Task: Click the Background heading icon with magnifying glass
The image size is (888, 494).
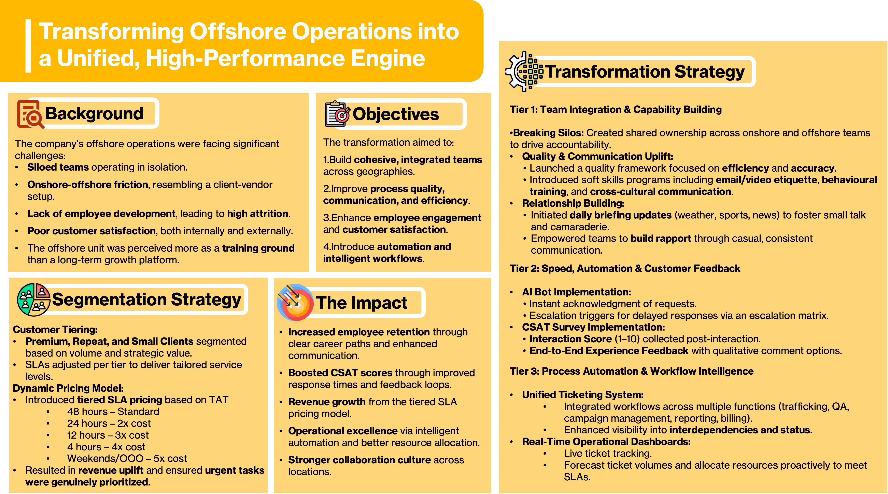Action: (31, 114)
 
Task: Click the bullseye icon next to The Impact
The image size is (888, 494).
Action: (295, 302)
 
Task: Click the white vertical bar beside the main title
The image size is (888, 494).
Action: (28, 46)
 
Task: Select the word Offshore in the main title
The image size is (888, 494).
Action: (238, 31)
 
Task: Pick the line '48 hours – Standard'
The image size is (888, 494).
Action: (113, 412)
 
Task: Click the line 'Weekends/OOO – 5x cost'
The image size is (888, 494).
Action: (127, 458)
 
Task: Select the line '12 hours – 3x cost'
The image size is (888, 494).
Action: (108, 435)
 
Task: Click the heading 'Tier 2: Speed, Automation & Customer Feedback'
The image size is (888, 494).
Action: (625, 268)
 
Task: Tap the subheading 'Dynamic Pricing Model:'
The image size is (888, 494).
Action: (68, 388)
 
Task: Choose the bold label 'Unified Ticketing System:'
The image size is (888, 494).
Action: (583, 395)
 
